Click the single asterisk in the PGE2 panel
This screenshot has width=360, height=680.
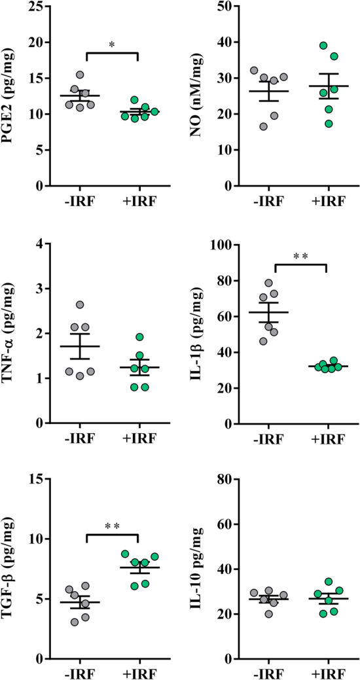tap(112, 45)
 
